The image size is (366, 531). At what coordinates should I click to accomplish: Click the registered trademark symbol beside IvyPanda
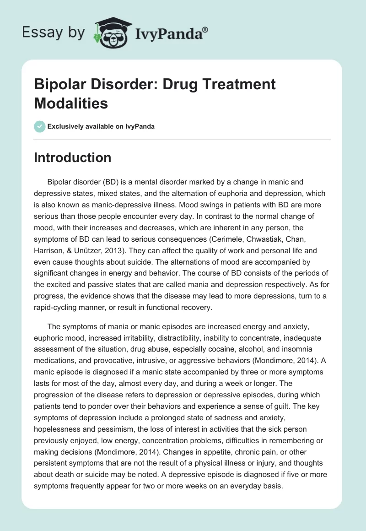tap(206, 30)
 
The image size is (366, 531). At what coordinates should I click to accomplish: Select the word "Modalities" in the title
tap(71, 103)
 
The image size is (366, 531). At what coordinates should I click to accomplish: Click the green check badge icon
tap(39, 126)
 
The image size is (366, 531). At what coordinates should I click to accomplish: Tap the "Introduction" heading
tap(73, 157)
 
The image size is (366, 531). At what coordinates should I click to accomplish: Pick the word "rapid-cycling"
tap(55, 307)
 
